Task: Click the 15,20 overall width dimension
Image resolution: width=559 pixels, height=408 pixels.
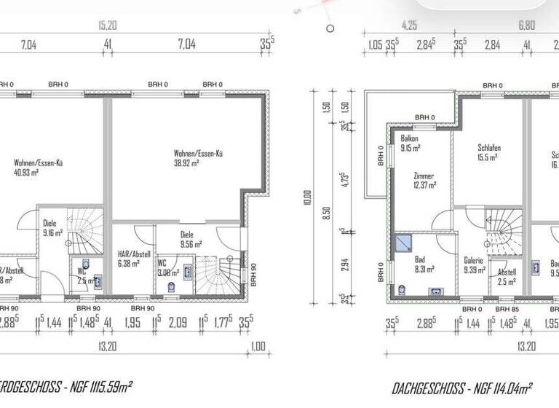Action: pos(108,24)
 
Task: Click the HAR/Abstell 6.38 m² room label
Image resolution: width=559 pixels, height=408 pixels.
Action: pos(134,259)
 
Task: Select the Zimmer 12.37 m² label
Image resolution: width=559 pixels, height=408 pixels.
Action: pos(424,181)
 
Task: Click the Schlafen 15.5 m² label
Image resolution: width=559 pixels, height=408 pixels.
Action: pos(489,153)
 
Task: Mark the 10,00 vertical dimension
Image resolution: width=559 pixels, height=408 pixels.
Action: pos(308,198)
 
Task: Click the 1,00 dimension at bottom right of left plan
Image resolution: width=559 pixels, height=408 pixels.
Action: pos(258,347)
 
